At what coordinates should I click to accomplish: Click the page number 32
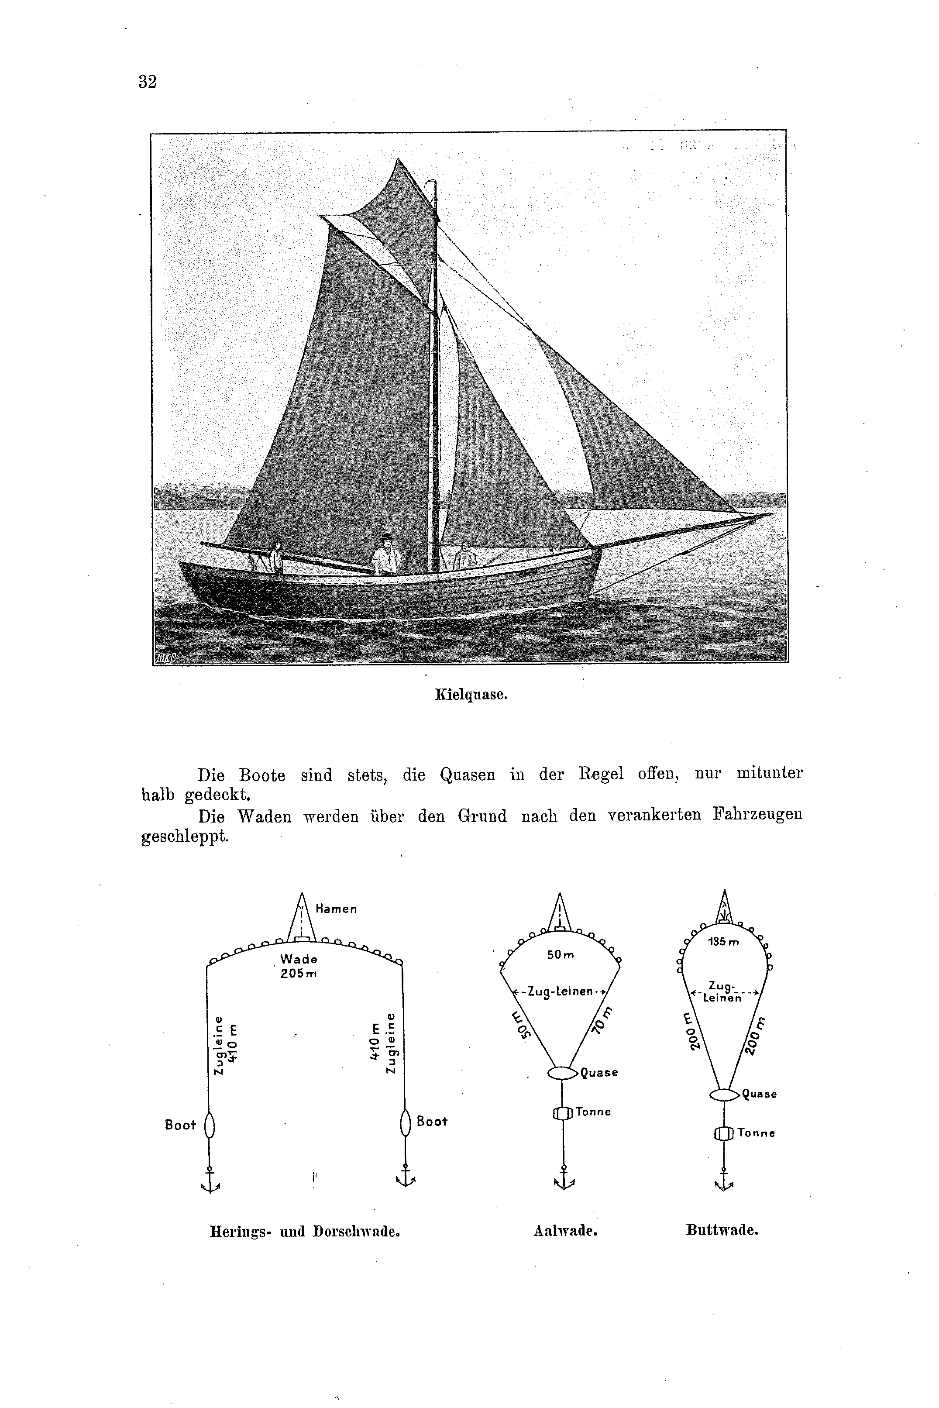[x=147, y=82]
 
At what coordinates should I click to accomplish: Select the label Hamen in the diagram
[x=336, y=909]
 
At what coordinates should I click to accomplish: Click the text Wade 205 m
[x=298, y=966]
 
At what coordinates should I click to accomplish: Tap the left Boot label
[x=180, y=1126]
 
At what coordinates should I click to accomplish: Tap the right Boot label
[x=432, y=1121]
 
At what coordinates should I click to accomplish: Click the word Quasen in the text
[x=467, y=775]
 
